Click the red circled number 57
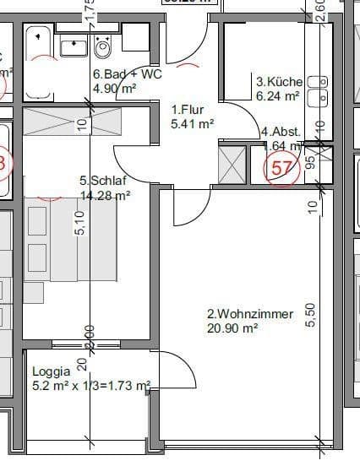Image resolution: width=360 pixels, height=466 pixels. tap(283, 167)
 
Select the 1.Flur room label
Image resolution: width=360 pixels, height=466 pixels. tap(188, 110)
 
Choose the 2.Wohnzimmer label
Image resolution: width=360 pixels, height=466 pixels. tap(250, 314)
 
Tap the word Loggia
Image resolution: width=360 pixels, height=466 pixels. tap(50, 371)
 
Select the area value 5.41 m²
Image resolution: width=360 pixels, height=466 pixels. tap(192, 122)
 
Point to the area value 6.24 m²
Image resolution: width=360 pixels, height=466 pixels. tap(278, 96)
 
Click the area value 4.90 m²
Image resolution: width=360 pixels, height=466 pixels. tap(115, 88)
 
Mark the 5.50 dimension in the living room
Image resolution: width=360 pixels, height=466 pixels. tap(311, 315)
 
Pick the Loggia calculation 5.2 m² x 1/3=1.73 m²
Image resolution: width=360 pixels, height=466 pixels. tap(90, 386)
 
